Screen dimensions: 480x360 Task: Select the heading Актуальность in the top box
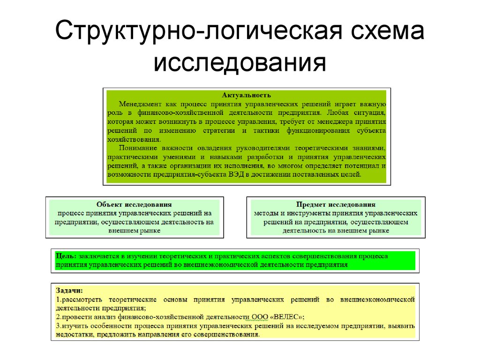247,95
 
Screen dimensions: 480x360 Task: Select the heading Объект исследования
134,204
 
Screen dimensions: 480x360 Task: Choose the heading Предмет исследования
336,204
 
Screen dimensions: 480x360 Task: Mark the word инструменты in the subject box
310,213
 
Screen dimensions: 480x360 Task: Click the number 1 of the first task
57,300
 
